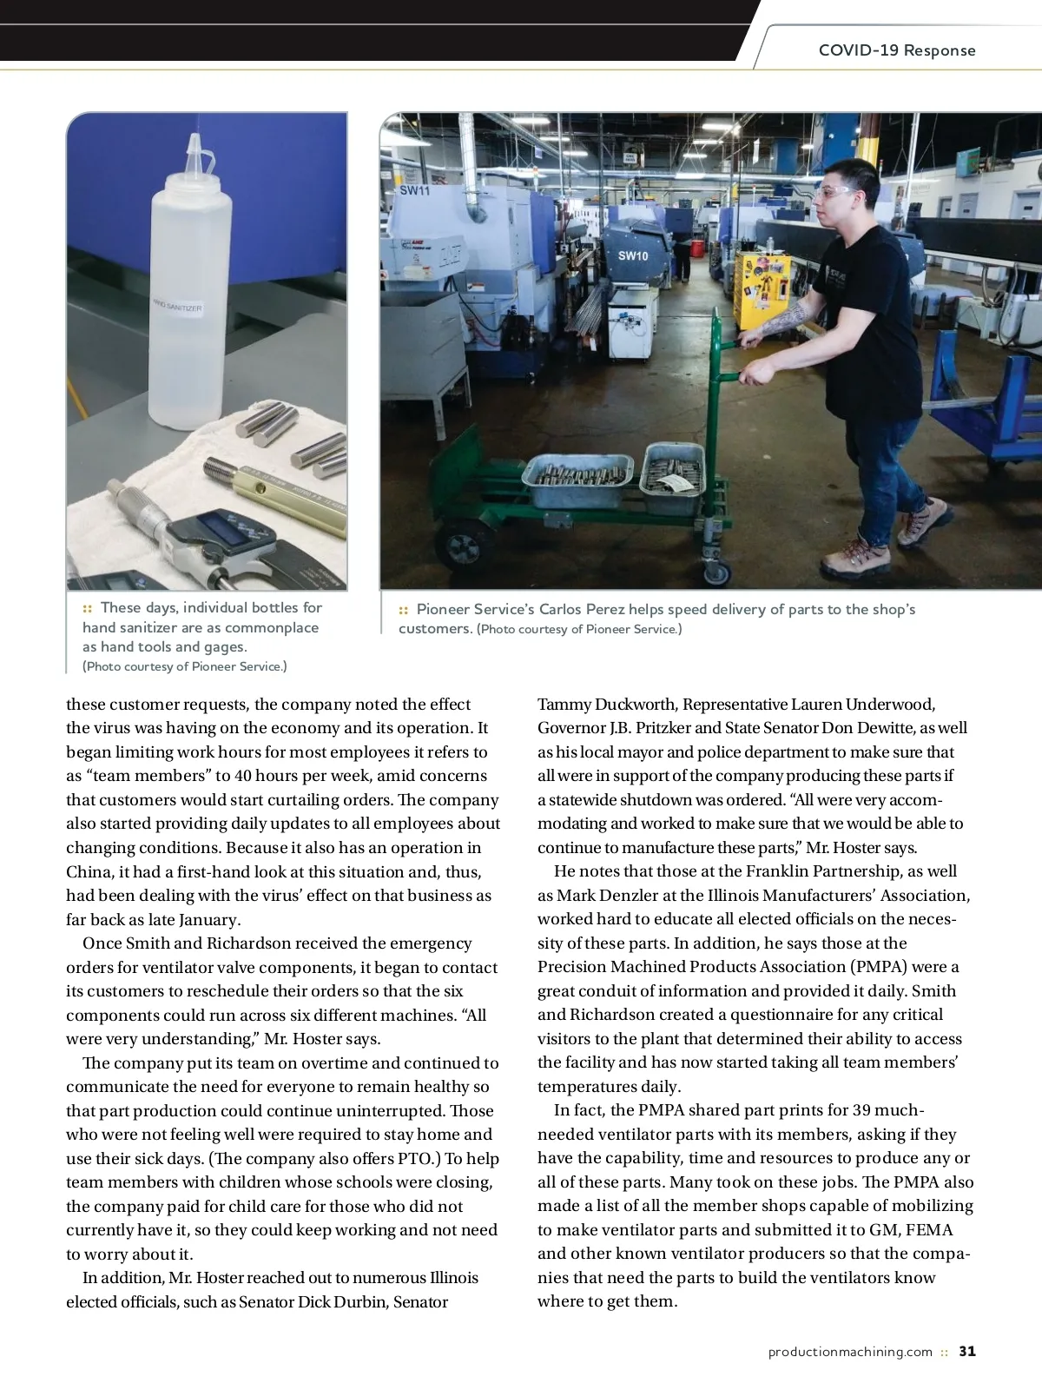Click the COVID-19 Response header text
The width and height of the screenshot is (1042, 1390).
coord(896,50)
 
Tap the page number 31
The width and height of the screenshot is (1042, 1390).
coord(967,1351)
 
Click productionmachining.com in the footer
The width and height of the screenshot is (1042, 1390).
coord(850,1352)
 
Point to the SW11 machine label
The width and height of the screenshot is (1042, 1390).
coord(414,190)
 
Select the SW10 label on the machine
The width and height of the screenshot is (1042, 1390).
coord(633,255)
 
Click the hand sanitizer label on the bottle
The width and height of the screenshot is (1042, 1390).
coord(178,306)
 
